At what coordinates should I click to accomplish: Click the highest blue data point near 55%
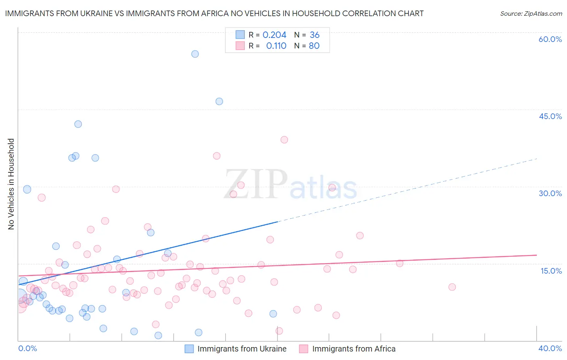click(195, 54)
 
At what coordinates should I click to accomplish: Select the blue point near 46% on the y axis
click(219, 101)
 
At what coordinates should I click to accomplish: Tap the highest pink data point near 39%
click(284, 140)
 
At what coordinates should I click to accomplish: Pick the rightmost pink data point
click(452, 287)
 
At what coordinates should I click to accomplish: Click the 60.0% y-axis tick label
click(550, 39)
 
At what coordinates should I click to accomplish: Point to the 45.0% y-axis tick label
click(550, 116)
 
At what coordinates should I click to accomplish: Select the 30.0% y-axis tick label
click(550, 193)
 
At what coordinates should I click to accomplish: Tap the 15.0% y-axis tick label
click(551, 271)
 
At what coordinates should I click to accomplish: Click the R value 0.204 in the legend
click(274, 35)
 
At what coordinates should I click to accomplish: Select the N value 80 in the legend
click(314, 46)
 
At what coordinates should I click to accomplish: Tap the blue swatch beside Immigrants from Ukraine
click(189, 349)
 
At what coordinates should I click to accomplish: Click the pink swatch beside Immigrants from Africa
click(304, 349)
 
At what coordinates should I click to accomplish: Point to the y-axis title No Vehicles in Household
click(11, 184)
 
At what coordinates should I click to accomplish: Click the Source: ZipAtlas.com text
click(531, 14)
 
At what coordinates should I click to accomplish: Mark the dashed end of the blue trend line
click(537, 159)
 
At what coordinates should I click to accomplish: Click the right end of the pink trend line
click(537, 255)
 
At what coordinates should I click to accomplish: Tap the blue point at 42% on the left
click(78, 124)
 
